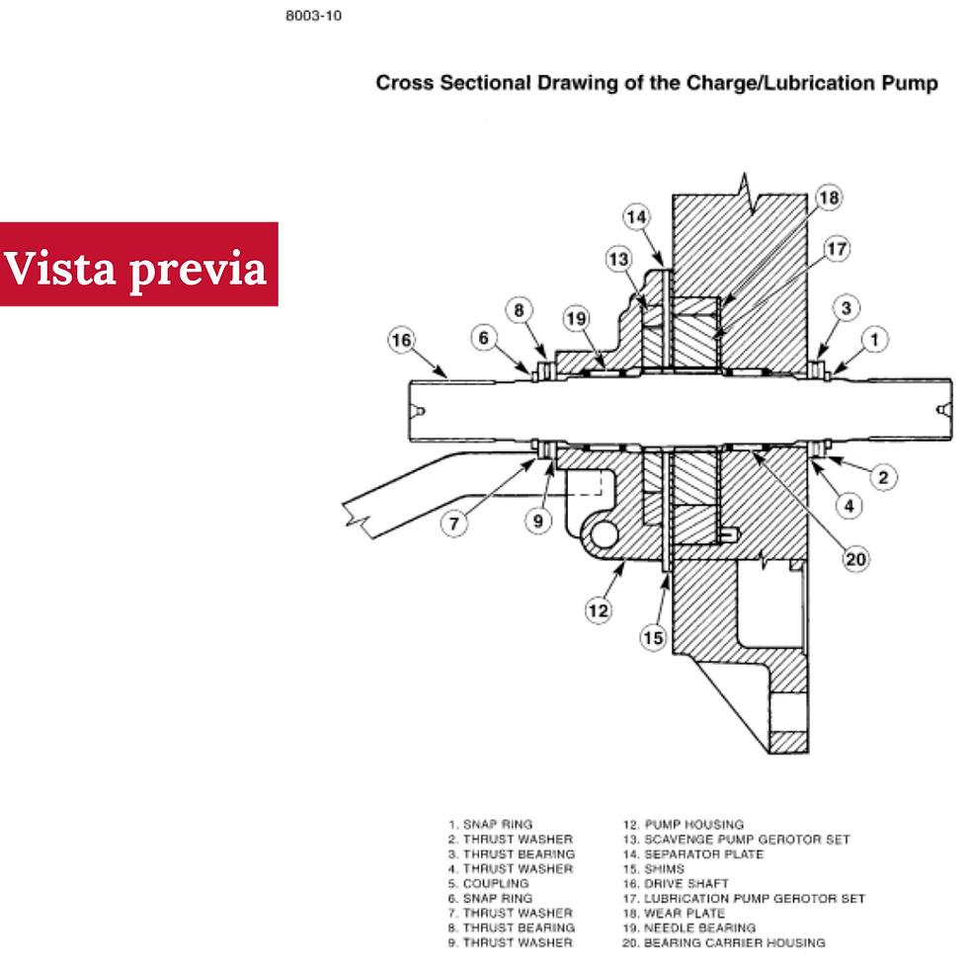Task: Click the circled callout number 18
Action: point(829,198)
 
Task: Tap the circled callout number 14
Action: point(636,216)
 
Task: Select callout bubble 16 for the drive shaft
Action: point(401,340)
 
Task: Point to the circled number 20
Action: point(855,559)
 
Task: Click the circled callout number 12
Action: point(599,611)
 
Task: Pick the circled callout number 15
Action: point(653,638)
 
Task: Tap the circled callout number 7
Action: point(453,524)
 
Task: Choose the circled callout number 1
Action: point(874,340)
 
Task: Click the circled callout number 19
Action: point(577,318)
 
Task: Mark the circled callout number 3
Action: point(846,308)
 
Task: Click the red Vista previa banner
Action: point(139,265)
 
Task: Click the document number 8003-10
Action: point(314,16)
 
